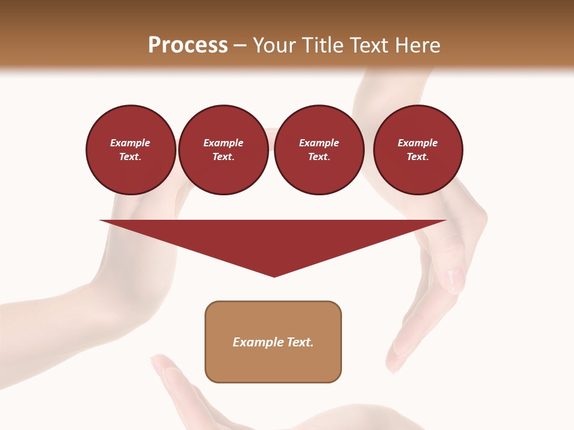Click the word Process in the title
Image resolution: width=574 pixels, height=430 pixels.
click(188, 45)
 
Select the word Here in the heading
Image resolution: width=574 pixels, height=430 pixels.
click(417, 45)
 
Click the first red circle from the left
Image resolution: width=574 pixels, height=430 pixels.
click(131, 150)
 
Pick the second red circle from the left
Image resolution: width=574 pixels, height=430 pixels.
click(224, 150)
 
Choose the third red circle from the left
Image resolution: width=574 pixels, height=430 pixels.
click(319, 150)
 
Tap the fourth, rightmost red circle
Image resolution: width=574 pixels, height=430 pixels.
click(418, 150)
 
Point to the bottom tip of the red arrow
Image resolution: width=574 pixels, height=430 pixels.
click(274, 276)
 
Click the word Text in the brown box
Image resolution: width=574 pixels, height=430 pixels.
click(300, 342)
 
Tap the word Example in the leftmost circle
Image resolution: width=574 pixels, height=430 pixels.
click(130, 143)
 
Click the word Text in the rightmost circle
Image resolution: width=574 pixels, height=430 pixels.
click(417, 157)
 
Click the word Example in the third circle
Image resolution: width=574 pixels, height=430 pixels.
click(319, 143)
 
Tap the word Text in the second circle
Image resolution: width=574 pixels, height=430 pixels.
click(223, 157)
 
